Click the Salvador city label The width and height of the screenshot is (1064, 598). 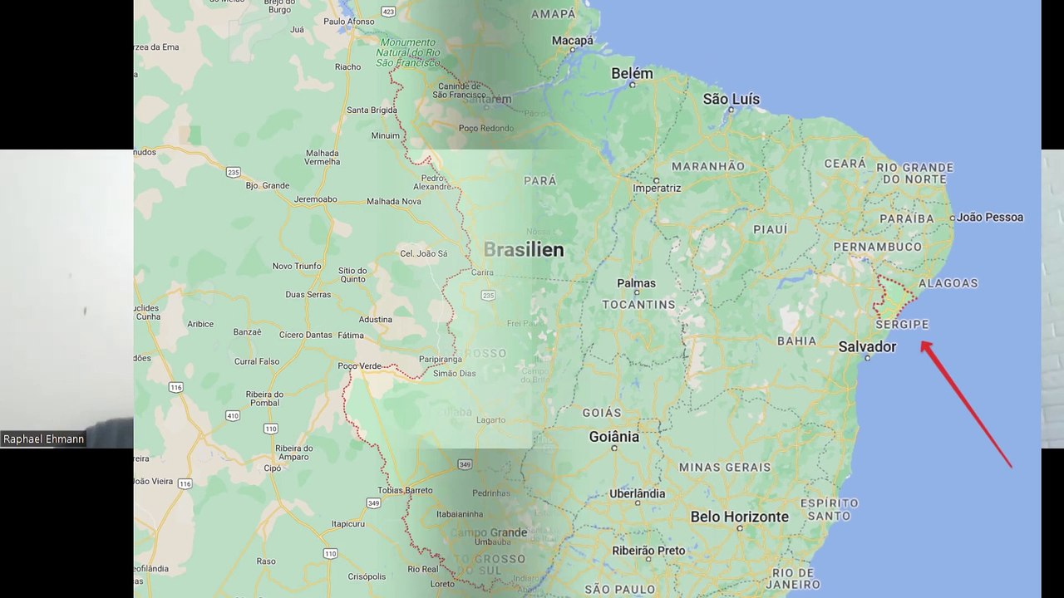tap(867, 346)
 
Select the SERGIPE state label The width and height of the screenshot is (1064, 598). tap(902, 324)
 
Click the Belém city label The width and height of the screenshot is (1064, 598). tap(632, 73)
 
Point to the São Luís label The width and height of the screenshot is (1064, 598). tap(731, 99)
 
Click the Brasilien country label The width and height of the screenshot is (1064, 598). tap(524, 249)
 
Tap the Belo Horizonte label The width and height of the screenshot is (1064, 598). tap(739, 517)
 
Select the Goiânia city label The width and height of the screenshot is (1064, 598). tap(613, 436)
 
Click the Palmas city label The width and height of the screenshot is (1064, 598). tap(636, 283)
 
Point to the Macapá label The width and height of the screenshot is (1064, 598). tap(573, 40)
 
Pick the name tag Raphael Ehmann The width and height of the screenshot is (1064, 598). tap(44, 439)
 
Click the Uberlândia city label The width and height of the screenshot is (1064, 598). tap(637, 493)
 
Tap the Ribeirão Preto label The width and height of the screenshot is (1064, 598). tap(648, 550)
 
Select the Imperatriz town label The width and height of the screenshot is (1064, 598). tap(657, 188)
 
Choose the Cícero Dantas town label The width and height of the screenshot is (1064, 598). tap(305, 335)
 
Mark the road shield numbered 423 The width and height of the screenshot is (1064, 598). tap(388, 11)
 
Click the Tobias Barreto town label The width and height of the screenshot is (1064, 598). tap(406, 490)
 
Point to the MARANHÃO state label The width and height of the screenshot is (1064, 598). tap(708, 166)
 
